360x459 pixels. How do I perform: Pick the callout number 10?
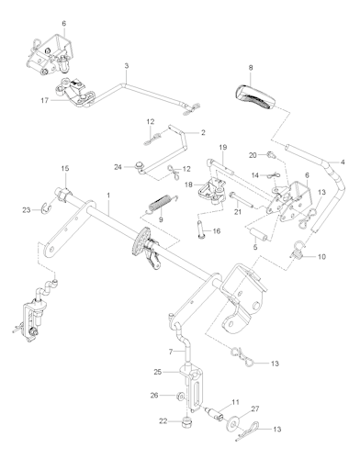click(x=321, y=258)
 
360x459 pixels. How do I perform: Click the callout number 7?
click(x=171, y=352)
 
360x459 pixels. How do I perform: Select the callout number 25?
click(x=158, y=371)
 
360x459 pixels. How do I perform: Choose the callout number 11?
click(x=236, y=402)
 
